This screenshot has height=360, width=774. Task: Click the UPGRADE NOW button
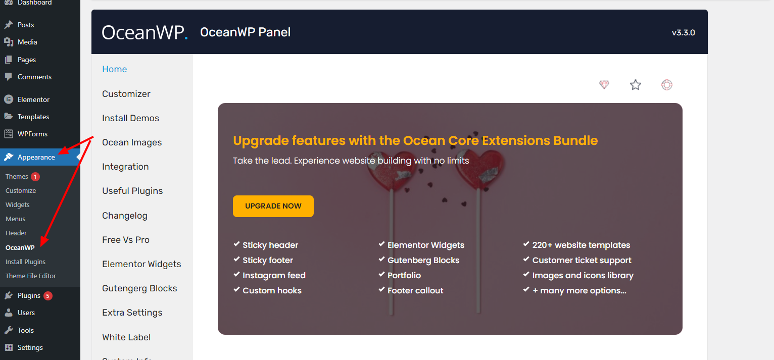[273, 206]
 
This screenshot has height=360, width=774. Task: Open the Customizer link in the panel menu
[126, 94]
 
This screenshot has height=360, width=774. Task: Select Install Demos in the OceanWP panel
[131, 118]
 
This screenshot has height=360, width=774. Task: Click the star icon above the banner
[636, 84]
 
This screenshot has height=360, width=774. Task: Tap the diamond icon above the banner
[604, 84]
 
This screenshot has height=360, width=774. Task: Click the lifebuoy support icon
[666, 84]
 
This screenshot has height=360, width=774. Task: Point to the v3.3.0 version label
[683, 32]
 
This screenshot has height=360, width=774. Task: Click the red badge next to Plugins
[47, 296]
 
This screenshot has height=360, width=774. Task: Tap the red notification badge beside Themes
[35, 177]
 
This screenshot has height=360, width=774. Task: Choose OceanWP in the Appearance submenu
[20, 247]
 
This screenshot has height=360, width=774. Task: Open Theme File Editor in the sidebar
[31, 276]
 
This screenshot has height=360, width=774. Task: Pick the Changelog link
[125, 216]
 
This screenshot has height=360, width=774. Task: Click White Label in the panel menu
[126, 337]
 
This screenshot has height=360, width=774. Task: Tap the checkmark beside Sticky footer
[236, 259]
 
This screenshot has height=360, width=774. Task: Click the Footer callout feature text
[415, 291]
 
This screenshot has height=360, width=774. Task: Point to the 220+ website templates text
[581, 245]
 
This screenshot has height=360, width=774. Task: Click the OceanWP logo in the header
[144, 32]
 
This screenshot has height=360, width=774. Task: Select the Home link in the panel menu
[114, 69]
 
